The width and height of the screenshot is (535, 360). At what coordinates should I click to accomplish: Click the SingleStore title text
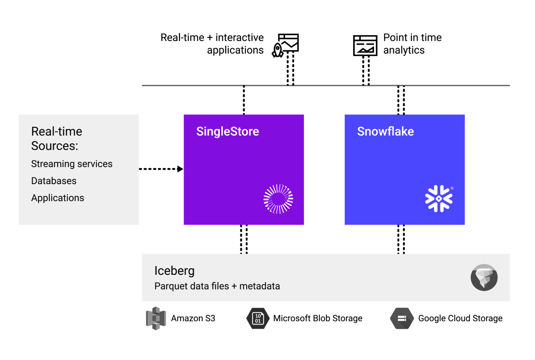tap(227, 132)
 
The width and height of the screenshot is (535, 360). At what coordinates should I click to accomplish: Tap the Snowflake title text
tap(385, 132)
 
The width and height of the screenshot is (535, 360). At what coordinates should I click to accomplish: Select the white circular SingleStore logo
tap(278, 199)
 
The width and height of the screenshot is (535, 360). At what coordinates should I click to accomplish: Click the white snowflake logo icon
tap(438, 199)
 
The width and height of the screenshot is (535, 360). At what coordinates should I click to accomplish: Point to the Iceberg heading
tap(174, 271)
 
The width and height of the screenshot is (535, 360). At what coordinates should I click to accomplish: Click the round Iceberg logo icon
tap(484, 277)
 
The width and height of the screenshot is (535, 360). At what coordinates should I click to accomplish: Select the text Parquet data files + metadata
tap(217, 286)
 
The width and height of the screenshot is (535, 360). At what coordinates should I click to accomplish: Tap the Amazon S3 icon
tap(156, 318)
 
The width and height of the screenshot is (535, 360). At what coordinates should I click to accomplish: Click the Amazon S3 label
tap(193, 318)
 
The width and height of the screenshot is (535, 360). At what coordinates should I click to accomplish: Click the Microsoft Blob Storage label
tap(318, 318)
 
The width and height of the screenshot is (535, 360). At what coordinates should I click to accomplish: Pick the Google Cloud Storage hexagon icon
tap(402, 318)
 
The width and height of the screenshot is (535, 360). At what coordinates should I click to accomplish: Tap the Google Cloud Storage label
tap(460, 318)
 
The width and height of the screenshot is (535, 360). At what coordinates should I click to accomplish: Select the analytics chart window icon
tap(365, 45)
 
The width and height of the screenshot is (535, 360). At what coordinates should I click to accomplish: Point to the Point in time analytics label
tap(412, 44)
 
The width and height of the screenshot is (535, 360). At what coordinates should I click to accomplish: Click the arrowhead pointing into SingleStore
tap(180, 169)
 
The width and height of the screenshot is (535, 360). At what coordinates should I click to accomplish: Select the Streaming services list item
tap(71, 164)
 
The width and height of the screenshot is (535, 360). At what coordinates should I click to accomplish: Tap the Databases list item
tap(53, 181)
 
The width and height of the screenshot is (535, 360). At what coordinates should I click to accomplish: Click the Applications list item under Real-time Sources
tap(57, 198)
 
